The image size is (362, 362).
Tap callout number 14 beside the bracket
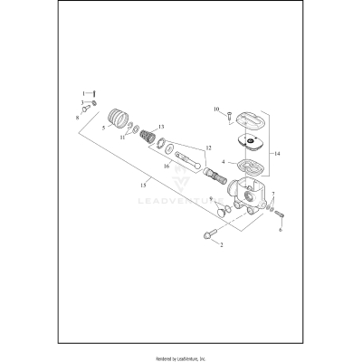[277, 154]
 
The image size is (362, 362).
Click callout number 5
[104, 129]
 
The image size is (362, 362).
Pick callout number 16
[167, 166]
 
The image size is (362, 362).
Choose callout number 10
[217, 110]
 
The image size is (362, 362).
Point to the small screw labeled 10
[230, 114]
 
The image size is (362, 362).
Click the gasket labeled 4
[245, 166]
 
